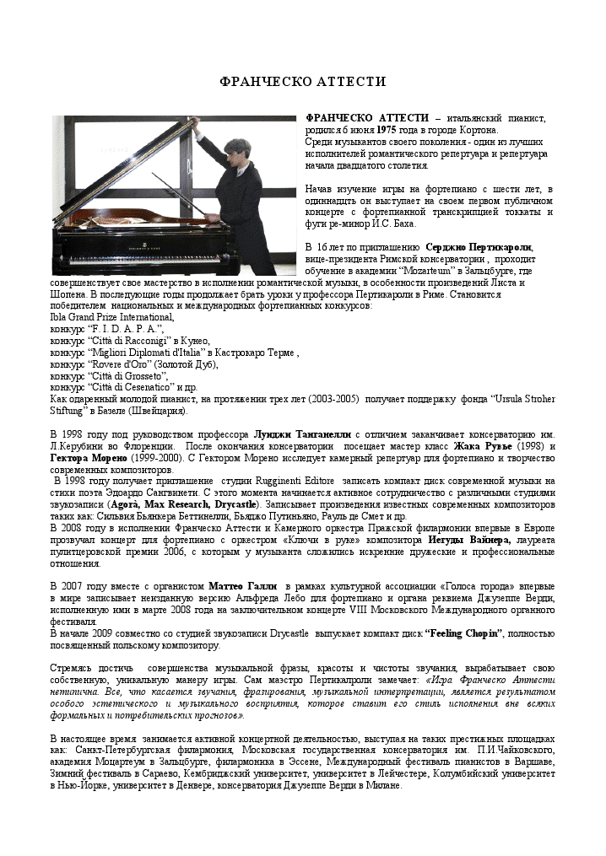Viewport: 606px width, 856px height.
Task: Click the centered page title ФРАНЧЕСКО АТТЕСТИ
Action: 302,82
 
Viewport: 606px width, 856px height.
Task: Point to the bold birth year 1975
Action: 386,131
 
